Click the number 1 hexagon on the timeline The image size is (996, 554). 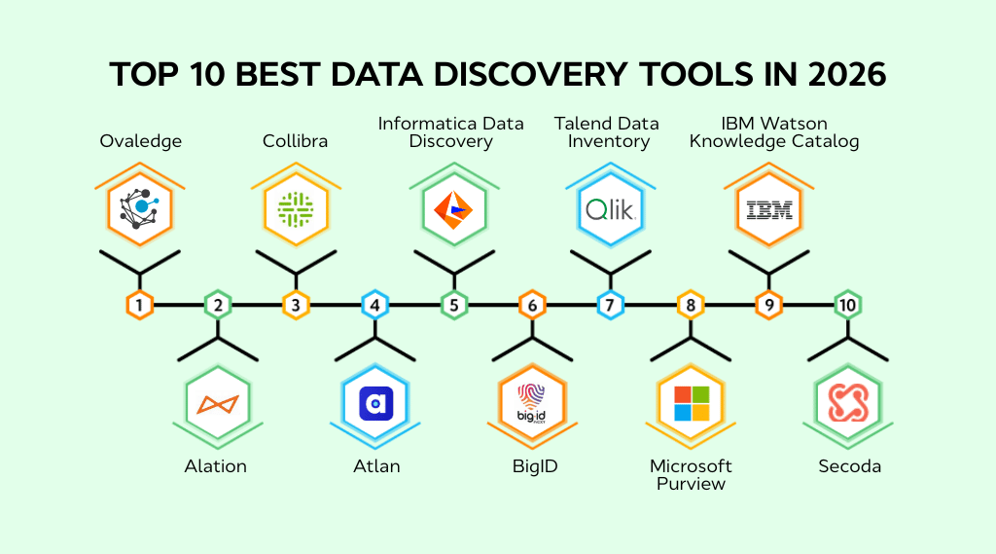[140, 305]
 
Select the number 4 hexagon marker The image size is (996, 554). [375, 305]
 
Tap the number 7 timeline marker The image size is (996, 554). [610, 305]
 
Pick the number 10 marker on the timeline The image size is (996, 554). [847, 305]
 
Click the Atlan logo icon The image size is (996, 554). [375, 403]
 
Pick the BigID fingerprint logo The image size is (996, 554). [532, 403]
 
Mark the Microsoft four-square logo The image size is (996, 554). [692, 403]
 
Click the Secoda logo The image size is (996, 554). [848, 403]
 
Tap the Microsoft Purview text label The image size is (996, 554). [691, 474]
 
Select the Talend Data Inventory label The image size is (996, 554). [607, 132]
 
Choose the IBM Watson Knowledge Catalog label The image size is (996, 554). [774, 132]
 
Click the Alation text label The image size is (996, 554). [216, 466]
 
